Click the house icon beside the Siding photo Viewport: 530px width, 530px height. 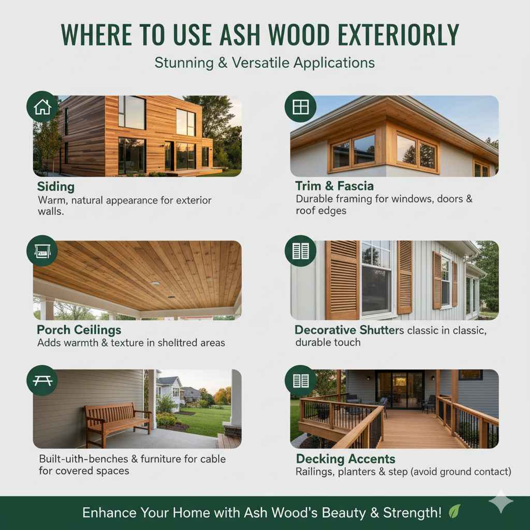tap(42, 107)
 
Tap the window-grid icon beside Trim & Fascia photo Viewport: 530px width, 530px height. tap(300, 107)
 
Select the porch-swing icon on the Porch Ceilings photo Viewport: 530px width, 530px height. tap(42, 251)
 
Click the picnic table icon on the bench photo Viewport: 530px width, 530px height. tap(42, 380)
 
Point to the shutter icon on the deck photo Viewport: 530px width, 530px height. tap(300, 380)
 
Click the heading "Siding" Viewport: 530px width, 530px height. tap(56, 186)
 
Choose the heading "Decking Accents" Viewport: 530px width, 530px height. tap(345, 459)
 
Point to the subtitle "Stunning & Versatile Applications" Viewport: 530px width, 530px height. tap(264, 63)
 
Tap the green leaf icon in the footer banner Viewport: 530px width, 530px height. tap(454, 512)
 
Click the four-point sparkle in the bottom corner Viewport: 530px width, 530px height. tap(501, 502)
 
